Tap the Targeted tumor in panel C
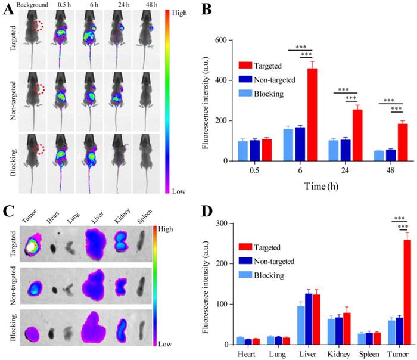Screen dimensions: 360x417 [33, 248]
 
